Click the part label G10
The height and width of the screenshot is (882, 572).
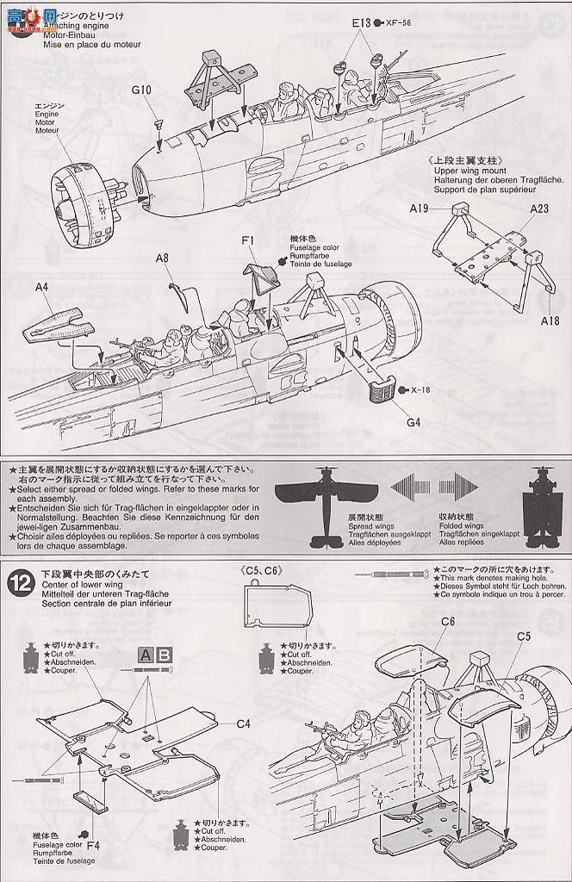coord(142,90)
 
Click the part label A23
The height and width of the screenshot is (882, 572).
coord(539,208)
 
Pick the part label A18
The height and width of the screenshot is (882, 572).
coord(550,320)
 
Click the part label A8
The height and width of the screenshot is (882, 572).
coord(162,257)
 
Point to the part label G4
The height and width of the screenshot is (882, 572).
coord(413,422)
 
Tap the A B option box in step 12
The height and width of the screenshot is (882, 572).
coord(156,655)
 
